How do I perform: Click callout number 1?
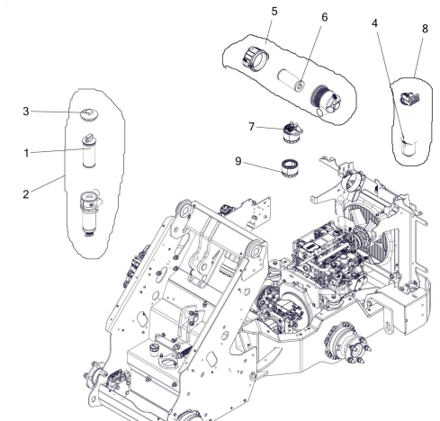coord(26,153)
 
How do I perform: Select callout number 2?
coord(26,194)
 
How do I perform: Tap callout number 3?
coord(26,112)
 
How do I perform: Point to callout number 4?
coord(374,23)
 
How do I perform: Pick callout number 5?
coord(274,12)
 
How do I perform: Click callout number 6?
coord(325,17)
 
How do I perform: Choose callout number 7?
coord(252,127)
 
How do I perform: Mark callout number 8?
coord(425,29)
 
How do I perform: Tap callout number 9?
coord(238,161)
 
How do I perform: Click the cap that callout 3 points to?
coord(89,115)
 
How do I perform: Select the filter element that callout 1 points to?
coord(89,150)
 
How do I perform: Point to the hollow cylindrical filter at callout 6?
coord(292,79)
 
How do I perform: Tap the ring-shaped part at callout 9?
coord(291,168)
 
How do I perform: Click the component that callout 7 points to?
coord(292,133)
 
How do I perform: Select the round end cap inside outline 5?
coord(256,58)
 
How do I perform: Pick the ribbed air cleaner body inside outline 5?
coord(326,100)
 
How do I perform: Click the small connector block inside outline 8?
coord(410,98)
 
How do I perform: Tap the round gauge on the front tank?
coord(154,349)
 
